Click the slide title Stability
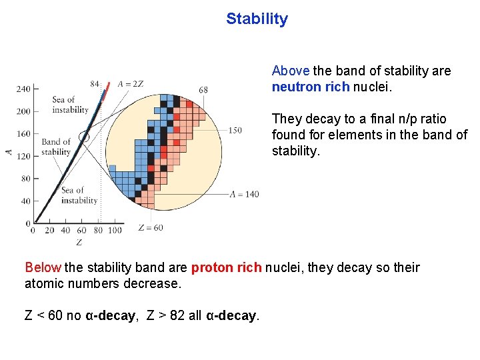click(257, 19)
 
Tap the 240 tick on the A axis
click(23, 89)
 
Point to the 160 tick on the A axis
click(23, 133)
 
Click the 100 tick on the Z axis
click(115, 231)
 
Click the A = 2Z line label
click(130, 84)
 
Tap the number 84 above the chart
click(95, 84)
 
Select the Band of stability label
click(56, 147)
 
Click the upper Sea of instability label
click(70, 105)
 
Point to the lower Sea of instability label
click(79, 195)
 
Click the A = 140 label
click(244, 194)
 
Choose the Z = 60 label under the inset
click(150, 228)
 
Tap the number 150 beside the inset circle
click(235, 131)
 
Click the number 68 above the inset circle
click(203, 90)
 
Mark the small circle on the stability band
click(83, 137)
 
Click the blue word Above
click(291, 71)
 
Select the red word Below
click(43, 267)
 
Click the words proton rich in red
click(227, 267)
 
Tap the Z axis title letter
click(79, 241)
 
